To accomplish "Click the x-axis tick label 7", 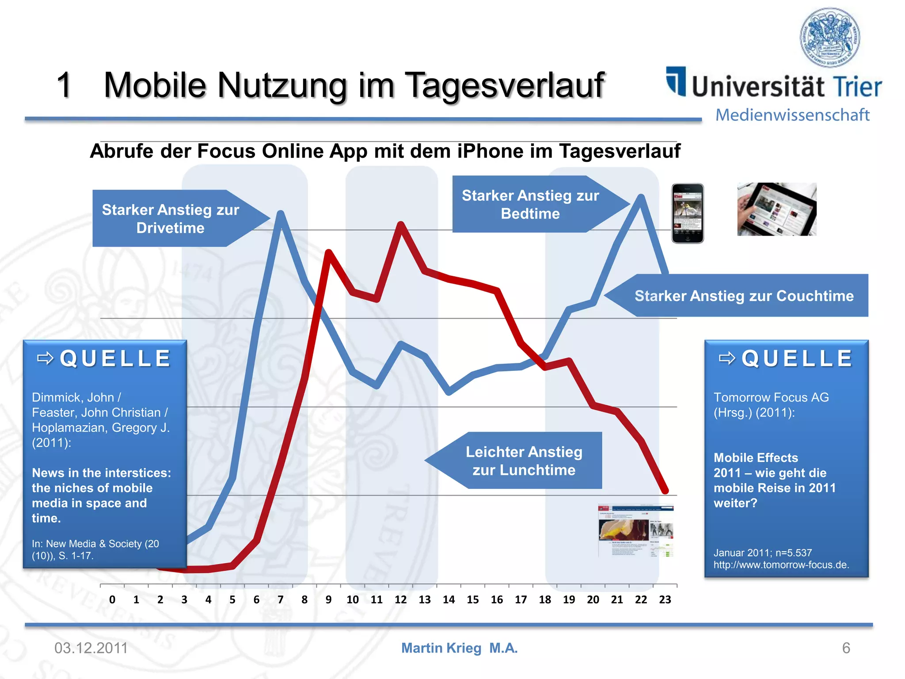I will click(280, 599).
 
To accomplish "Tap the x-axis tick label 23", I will click(665, 599).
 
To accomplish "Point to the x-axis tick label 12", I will click(400, 599).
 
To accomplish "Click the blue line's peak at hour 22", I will click(641, 197).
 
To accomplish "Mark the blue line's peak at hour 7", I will click(281, 214).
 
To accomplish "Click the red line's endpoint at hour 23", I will click(665, 491).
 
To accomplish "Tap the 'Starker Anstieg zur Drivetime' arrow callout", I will click(171, 218).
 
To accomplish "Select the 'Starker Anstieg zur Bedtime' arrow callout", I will click(530, 204).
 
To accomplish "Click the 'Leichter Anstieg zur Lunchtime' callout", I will click(524, 461).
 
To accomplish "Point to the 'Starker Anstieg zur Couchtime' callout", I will click(744, 295).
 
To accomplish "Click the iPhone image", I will click(688, 213).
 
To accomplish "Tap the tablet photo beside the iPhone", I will click(776, 209).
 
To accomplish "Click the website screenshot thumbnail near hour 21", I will click(635, 530).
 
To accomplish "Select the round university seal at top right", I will click(830, 38).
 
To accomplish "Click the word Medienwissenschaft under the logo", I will click(792, 115).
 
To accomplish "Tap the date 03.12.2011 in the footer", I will click(91, 648).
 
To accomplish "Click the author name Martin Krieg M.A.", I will click(459, 648).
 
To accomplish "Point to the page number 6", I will click(846, 648).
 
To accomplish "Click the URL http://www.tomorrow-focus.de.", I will click(781, 565).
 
